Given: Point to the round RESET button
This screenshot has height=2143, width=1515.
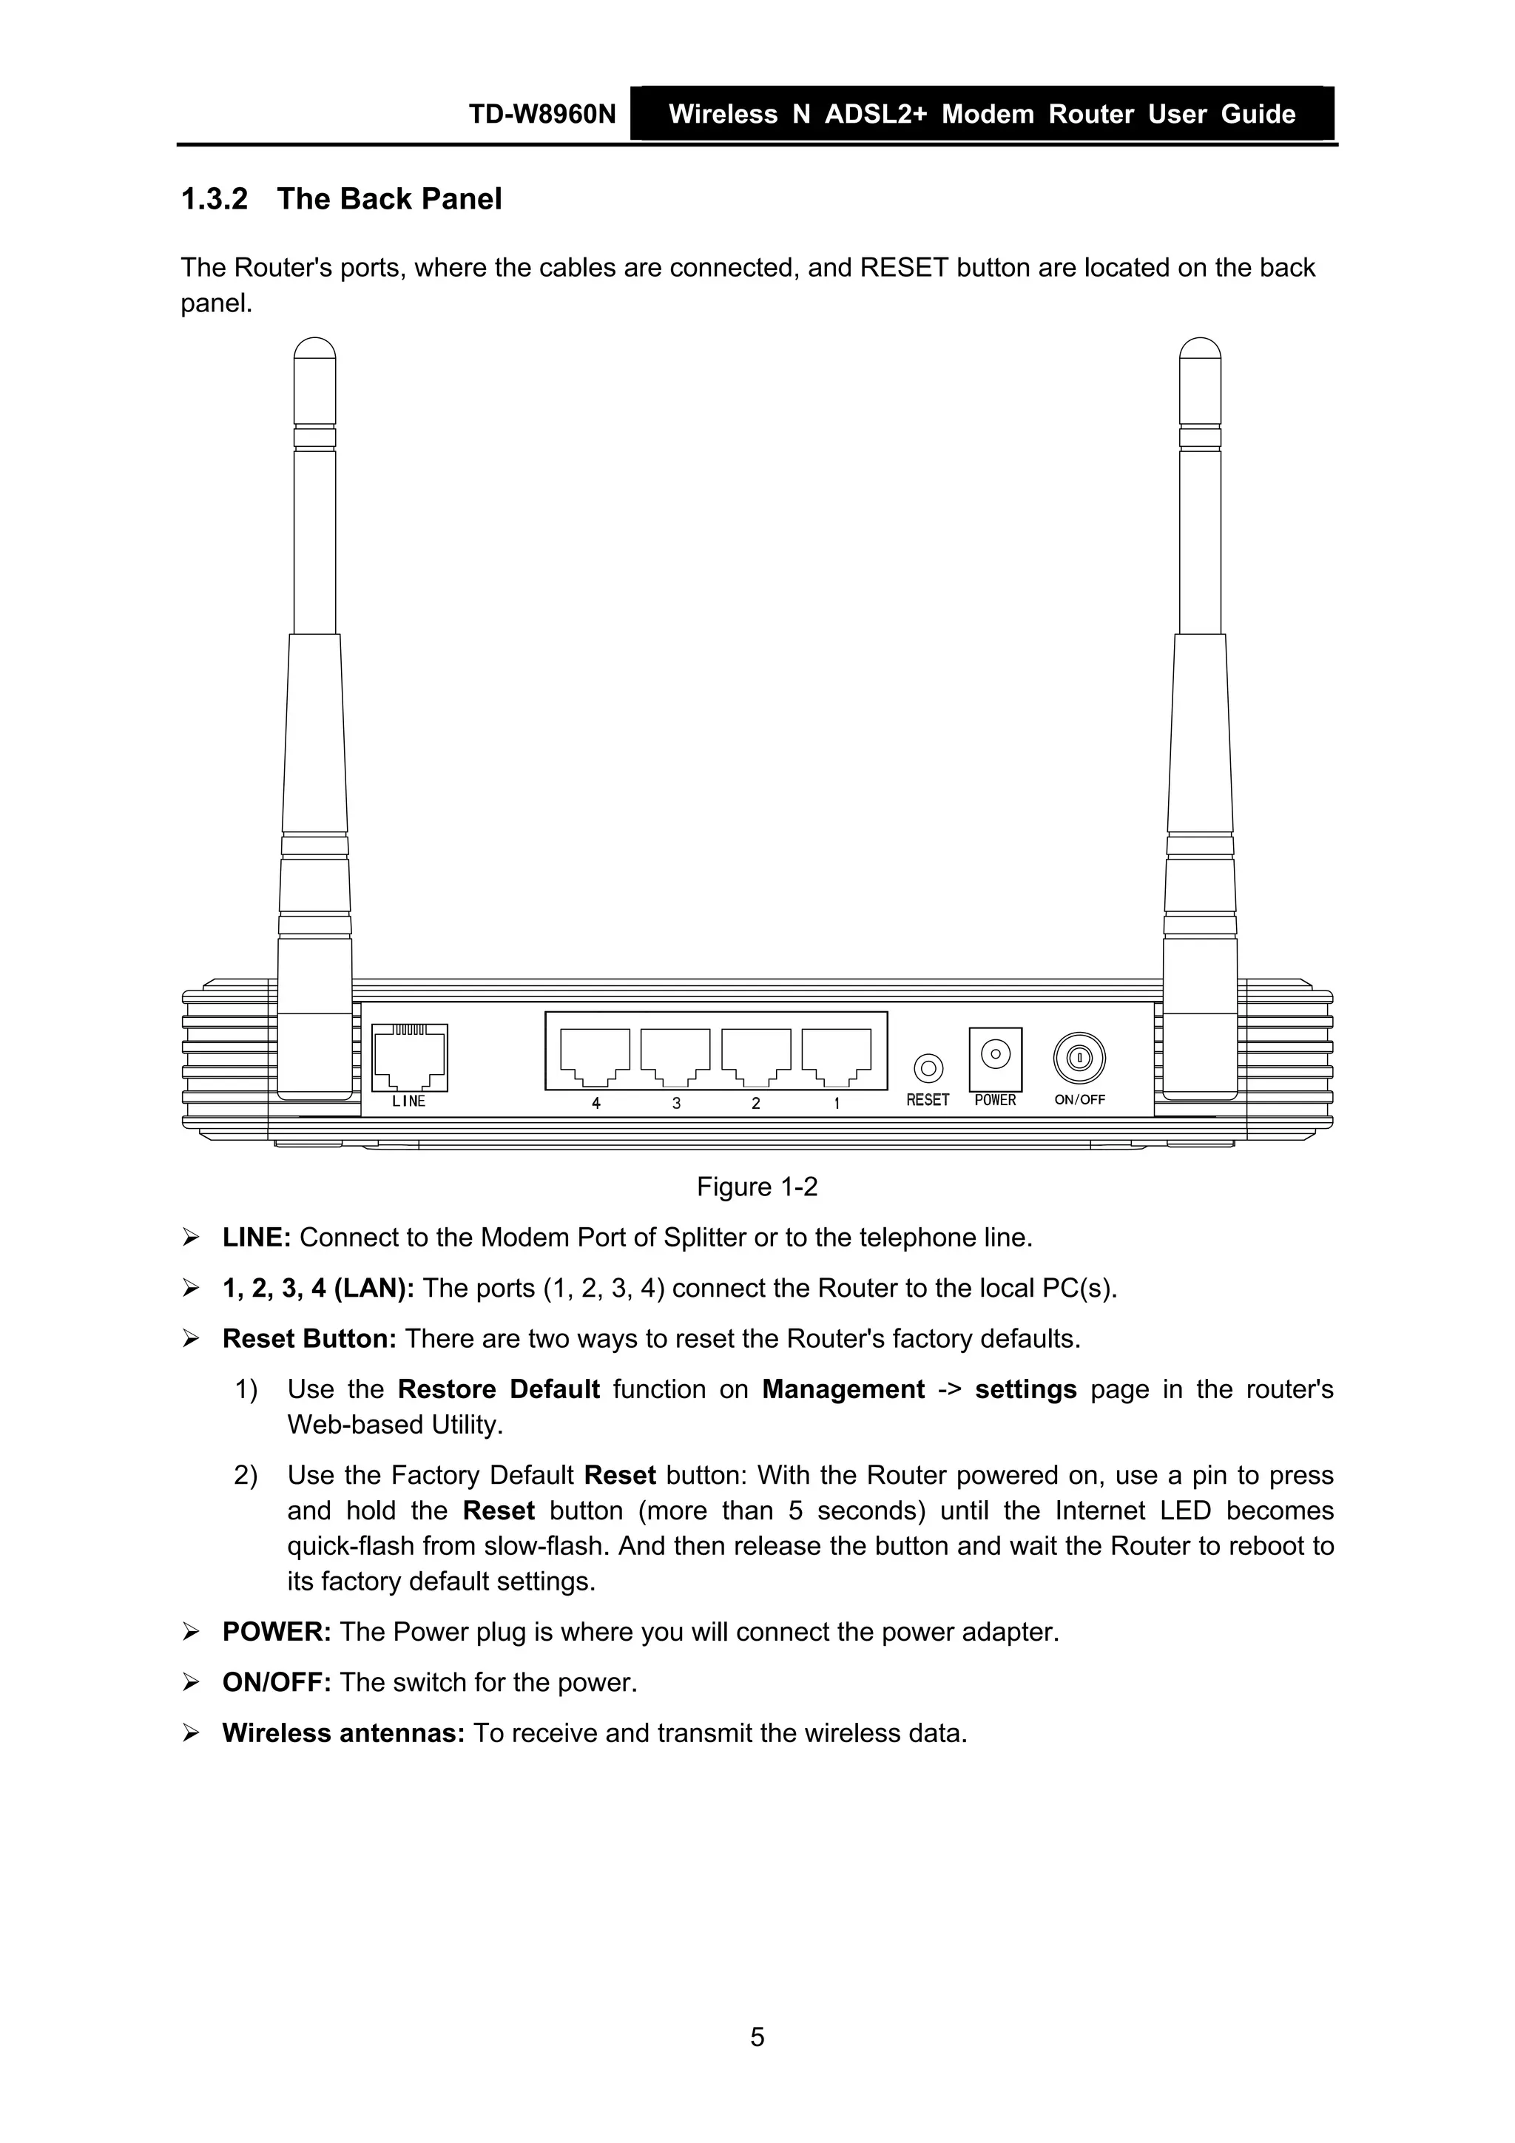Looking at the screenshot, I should (x=927, y=1067).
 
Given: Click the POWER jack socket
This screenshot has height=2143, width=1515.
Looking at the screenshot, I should (x=996, y=1055).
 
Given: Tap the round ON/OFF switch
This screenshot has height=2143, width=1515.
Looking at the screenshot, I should (x=1079, y=1059).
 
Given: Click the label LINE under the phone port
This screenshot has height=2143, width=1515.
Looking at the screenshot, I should (x=409, y=1101).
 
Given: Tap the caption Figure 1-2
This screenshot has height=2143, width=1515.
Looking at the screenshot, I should (x=757, y=1187).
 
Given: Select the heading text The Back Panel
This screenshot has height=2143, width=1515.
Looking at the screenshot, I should (x=389, y=199).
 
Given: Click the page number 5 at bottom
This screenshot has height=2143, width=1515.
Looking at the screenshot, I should (x=757, y=2036).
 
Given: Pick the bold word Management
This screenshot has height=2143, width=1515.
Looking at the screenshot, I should (x=843, y=1390).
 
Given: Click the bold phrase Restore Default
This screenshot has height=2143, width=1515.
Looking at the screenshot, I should (x=499, y=1390).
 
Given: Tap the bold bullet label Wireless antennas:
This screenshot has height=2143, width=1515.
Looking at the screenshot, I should (x=343, y=1733).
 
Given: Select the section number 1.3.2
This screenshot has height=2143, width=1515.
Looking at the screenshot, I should (x=215, y=199).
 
